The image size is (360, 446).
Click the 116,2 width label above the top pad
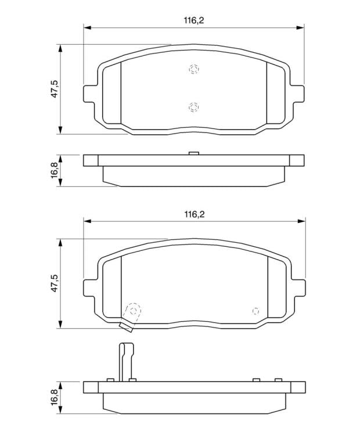[194, 20]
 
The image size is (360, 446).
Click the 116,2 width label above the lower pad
[194, 214]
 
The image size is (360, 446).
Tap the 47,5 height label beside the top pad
[55, 89]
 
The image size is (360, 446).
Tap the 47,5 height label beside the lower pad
[55, 283]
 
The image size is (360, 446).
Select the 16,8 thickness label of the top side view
[55, 170]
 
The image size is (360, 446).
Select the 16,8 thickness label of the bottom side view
[55, 397]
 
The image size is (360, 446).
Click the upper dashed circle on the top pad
[194, 69]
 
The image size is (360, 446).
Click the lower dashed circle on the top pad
[194, 107]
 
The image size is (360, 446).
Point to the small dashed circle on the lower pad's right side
[255, 311]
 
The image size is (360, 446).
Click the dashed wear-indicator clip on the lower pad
[131, 316]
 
